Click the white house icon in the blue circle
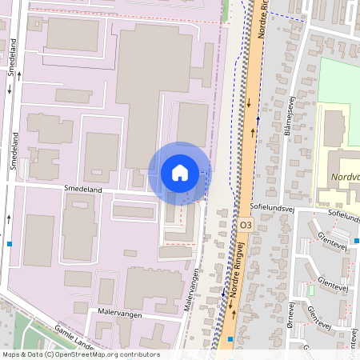(180, 173)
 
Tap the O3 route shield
(246, 227)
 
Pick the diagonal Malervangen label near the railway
(191, 288)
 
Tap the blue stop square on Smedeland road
(10, 243)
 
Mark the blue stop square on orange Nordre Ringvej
(230, 339)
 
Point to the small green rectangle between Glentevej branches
(310, 289)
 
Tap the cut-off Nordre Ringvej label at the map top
(262, 16)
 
